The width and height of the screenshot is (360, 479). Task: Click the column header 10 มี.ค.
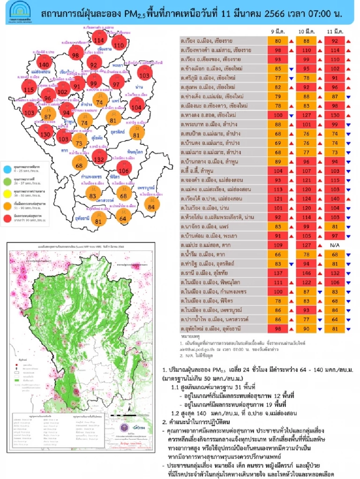pos(306,31)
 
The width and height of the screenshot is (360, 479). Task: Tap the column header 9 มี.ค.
pos(278,31)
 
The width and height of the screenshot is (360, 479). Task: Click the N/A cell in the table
pos(334,245)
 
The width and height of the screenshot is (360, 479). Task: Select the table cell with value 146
pos(306,273)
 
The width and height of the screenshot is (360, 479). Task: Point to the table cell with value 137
pos(278,273)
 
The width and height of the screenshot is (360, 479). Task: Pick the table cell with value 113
pos(278,189)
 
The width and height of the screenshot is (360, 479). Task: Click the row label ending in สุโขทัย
pos(204,273)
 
